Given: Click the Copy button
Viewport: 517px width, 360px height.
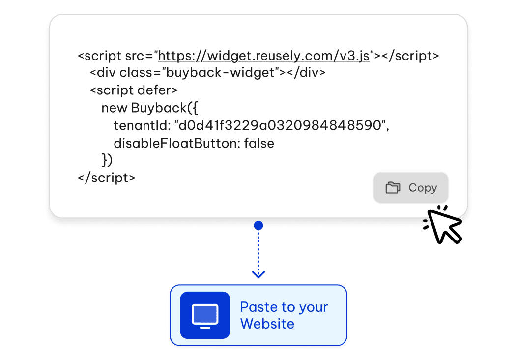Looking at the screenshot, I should [x=411, y=187].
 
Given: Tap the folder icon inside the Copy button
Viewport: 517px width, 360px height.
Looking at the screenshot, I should [x=393, y=188].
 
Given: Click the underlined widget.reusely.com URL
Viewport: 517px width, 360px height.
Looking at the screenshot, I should [x=263, y=56].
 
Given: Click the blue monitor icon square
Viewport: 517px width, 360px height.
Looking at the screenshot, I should [x=205, y=315].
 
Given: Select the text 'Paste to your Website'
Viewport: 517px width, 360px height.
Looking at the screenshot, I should [x=284, y=315].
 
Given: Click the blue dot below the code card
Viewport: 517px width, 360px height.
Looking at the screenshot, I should [x=258, y=226].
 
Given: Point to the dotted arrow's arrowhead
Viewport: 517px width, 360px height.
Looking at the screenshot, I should [x=258, y=274].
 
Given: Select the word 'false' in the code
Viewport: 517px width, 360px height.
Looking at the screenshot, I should [x=259, y=143].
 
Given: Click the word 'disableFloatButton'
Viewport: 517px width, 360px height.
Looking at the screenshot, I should [x=176, y=143].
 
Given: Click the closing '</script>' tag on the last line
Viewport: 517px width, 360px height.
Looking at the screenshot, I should [x=106, y=178].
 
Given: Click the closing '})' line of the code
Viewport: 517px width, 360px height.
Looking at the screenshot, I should [x=107, y=160].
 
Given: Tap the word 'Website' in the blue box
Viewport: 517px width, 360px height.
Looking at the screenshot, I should [x=267, y=324].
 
